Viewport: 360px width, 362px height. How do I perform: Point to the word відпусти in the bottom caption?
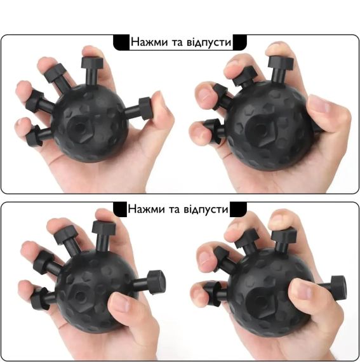[206, 210]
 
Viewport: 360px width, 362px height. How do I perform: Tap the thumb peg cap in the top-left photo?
[145, 109]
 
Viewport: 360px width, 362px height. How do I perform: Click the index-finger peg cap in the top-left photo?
[92, 63]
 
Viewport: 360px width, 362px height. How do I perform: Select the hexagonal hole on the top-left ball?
[80, 128]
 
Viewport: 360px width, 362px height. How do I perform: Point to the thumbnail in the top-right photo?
[319, 104]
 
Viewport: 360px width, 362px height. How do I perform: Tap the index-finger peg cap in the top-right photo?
[281, 62]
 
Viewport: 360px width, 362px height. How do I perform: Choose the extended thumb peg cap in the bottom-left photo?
[156, 283]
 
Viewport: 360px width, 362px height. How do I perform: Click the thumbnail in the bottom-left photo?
[120, 303]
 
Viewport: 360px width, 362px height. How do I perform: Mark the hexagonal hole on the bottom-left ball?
[80, 296]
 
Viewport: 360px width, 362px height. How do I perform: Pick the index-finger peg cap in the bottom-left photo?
[103, 227]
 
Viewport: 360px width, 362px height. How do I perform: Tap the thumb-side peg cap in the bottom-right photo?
[338, 288]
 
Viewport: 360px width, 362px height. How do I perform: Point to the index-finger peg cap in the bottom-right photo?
[284, 235]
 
